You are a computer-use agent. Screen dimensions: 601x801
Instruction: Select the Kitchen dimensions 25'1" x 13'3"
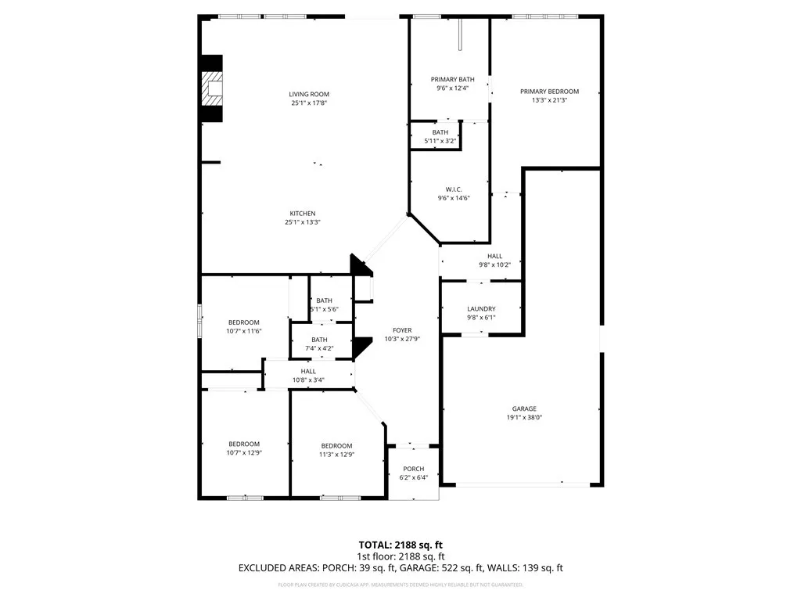(x=304, y=222)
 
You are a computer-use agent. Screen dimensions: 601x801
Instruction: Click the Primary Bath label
(x=452, y=79)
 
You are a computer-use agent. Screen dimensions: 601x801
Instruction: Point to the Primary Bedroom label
(x=549, y=92)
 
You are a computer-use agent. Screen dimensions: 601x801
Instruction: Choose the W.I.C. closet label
(x=454, y=189)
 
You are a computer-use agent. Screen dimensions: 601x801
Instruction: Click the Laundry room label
(x=481, y=308)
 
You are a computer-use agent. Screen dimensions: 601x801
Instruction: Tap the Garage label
(x=524, y=408)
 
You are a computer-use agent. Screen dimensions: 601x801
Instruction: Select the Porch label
(x=414, y=469)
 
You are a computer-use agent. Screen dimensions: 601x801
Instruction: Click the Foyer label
(x=403, y=330)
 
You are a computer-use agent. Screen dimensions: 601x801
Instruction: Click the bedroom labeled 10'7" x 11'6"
(x=244, y=327)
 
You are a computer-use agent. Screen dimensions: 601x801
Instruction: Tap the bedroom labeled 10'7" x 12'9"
(x=243, y=448)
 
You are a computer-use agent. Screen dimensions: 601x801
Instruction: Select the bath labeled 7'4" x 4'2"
(x=319, y=344)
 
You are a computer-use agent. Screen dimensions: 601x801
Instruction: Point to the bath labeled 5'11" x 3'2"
(x=440, y=137)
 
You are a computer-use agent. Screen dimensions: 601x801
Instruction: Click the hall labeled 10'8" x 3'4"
(x=308, y=376)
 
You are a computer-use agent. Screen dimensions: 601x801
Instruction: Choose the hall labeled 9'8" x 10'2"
(x=494, y=261)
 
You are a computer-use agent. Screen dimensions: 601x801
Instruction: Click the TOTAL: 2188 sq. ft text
(x=400, y=545)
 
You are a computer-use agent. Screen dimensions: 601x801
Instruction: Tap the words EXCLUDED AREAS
(x=278, y=568)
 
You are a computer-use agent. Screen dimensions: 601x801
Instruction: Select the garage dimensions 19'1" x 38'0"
(x=524, y=417)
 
